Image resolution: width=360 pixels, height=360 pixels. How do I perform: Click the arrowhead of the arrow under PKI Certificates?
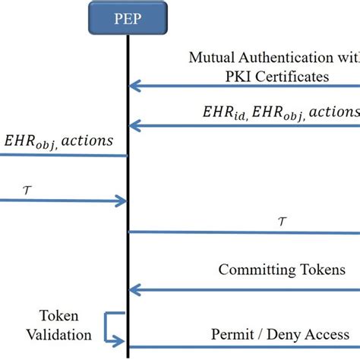pyautogui.click(x=134, y=86)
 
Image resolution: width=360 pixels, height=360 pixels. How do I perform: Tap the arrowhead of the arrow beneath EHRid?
pyautogui.click(x=134, y=125)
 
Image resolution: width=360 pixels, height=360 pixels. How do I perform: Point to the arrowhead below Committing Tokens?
pyautogui.click(x=134, y=289)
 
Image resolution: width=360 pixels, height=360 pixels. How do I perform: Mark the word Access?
pyautogui.click(x=328, y=334)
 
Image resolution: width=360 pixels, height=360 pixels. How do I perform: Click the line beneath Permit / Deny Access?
pyautogui.click(x=243, y=350)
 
